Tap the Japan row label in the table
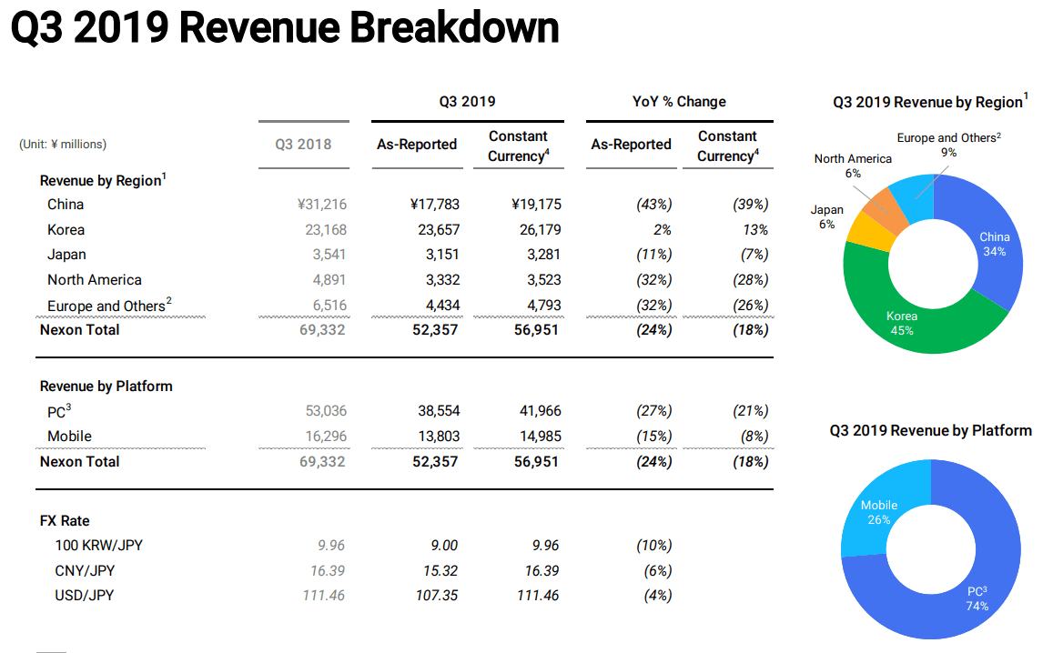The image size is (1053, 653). click(66, 255)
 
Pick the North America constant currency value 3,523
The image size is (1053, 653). click(541, 280)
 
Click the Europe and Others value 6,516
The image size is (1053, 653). click(323, 306)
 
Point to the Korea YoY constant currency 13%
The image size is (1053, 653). click(754, 230)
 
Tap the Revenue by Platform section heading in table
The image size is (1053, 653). click(106, 387)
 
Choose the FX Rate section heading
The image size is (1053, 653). click(65, 521)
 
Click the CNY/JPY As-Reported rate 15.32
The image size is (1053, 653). click(438, 571)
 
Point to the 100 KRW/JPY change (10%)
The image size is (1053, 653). click(653, 546)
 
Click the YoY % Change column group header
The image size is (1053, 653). click(679, 102)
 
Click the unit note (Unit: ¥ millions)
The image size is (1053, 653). click(63, 145)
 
